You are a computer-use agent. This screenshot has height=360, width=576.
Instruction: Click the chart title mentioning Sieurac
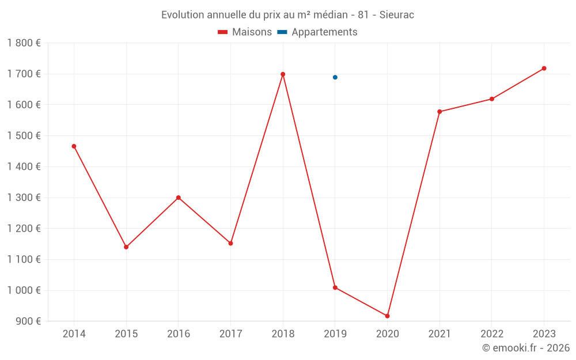pyautogui.click(x=287, y=15)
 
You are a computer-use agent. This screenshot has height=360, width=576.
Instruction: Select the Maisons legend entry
pyautogui.click(x=245, y=32)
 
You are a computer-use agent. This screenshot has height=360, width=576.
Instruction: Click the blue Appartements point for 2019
pyautogui.click(x=335, y=77)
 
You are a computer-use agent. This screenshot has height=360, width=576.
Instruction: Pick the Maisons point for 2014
pyautogui.click(x=74, y=146)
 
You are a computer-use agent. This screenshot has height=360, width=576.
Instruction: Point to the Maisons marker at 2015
pyautogui.click(x=126, y=247)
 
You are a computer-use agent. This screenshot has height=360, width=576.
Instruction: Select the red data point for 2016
pyautogui.click(x=179, y=198)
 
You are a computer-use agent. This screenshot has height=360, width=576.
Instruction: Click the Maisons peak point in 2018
pyautogui.click(x=283, y=74)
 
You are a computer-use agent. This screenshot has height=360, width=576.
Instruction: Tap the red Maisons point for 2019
pyautogui.click(x=335, y=287)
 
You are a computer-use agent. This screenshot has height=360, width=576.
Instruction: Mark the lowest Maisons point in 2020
pyautogui.click(x=387, y=316)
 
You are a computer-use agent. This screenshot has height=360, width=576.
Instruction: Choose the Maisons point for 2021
pyautogui.click(x=439, y=112)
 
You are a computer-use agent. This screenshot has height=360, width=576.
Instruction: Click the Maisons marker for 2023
pyautogui.click(x=544, y=69)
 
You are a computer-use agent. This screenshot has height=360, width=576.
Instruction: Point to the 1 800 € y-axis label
pyautogui.click(x=24, y=43)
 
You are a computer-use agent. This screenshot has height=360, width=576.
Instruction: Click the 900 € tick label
pyautogui.click(x=28, y=321)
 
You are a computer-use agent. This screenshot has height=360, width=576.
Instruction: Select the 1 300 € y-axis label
pyautogui.click(x=24, y=198)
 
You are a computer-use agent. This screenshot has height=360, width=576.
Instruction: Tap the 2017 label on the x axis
pyautogui.click(x=230, y=334)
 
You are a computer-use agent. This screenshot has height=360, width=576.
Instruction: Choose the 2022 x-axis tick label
pyautogui.click(x=491, y=334)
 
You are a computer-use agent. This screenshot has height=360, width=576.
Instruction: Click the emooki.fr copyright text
pyautogui.click(x=526, y=348)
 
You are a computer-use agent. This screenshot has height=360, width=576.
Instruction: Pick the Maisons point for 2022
pyautogui.click(x=492, y=99)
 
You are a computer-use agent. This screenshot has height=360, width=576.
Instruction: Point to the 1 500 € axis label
pyautogui.click(x=24, y=136)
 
